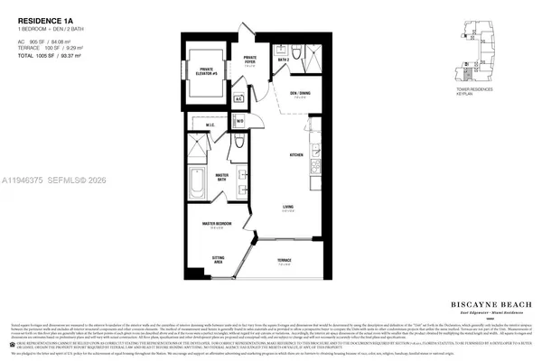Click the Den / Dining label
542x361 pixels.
tap(300, 93)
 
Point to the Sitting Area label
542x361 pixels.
tap(219, 259)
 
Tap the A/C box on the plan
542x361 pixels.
tap(238, 98)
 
